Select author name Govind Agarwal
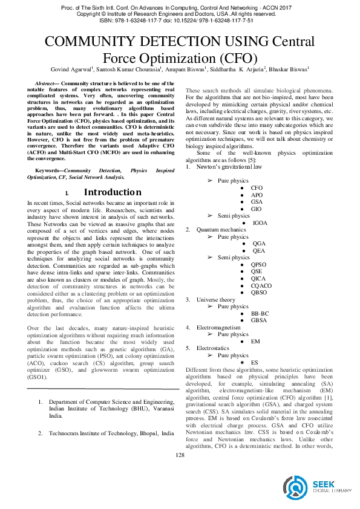tap(71, 70)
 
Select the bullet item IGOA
tap(260, 223)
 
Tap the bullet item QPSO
tap(258, 265)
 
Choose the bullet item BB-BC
tap(260, 313)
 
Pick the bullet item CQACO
tap(261, 285)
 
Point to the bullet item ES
tap(255, 362)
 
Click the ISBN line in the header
tap(180, 20)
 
